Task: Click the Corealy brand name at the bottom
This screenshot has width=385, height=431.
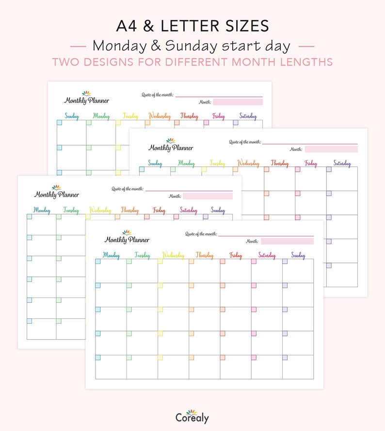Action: pyautogui.click(x=192, y=417)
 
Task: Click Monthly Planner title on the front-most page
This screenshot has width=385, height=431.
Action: pyautogui.click(x=127, y=239)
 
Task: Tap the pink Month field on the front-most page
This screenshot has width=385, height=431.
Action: pyautogui.click(x=287, y=241)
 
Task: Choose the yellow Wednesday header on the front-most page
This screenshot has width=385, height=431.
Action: pyautogui.click(x=173, y=255)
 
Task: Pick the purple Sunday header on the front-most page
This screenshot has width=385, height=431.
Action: pyautogui.click(x=298, y=255)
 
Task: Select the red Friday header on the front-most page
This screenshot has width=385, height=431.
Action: pyautogui.click(x=236, y=255)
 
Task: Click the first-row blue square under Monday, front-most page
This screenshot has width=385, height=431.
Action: pyautogui.click(x=98, y=262)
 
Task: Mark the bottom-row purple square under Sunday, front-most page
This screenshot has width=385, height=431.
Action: pyautogui.click(x=285, y=357)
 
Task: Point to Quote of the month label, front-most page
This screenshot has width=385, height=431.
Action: pyautogui.click(x=201, y=234)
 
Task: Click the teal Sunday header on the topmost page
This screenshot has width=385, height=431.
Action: pyautogui.click(x=72, y=116)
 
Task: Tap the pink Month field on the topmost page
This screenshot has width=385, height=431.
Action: pyautogui.click(x=238, y=102)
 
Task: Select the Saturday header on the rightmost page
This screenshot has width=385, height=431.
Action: pyautogui.click(x=342, y=164)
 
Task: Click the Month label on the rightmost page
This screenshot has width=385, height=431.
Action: pyautogui.click(x=296, y=149)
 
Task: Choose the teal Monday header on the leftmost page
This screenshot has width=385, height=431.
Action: pyautogui.click(x=42, y=210)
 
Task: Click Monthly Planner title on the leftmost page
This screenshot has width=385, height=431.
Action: pyautogui.click(x=56, y=194)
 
